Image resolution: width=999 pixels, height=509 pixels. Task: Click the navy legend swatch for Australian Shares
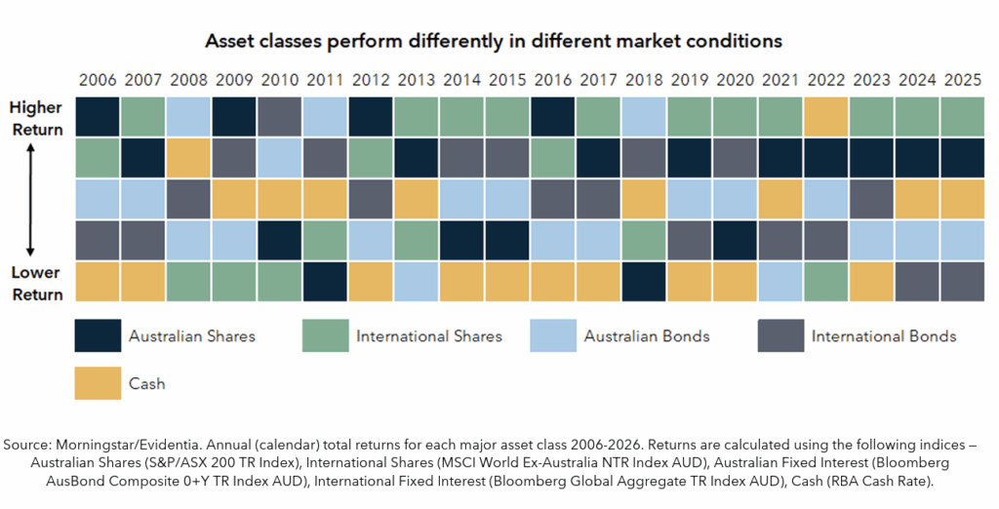click(x=98, y=335)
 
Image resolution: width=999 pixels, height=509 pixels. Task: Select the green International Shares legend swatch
click(x=325, y=335)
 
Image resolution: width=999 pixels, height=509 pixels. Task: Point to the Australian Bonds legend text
click(x=647, y=336)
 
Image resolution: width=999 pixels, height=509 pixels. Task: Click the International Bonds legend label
click(x=884, y=336)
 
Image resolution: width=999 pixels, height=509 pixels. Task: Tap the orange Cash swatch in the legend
click(x=98, y=383)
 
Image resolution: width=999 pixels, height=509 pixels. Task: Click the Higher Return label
click(x=37, y=118)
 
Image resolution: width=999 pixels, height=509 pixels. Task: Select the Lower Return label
click(x=37, y=283)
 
